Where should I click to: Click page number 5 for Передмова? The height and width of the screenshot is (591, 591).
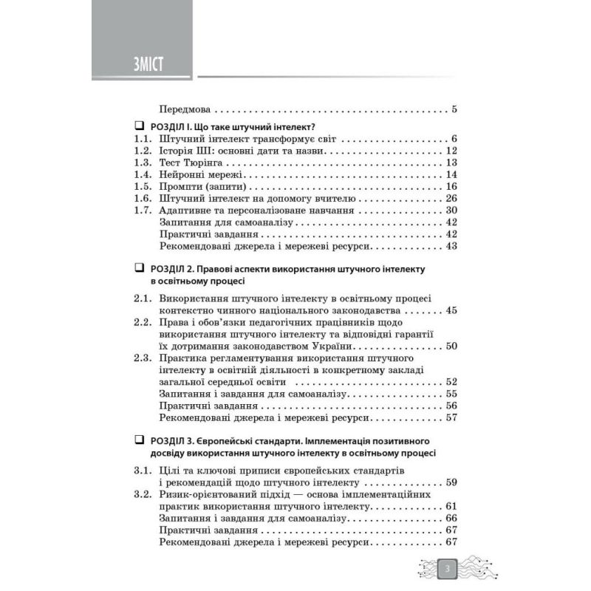coord(454,110)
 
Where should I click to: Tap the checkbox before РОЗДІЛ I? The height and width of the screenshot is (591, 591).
coord(140,126)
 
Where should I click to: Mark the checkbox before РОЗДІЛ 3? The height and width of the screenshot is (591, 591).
coord(140,440)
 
